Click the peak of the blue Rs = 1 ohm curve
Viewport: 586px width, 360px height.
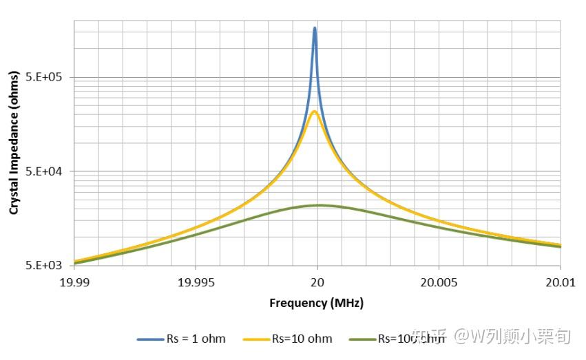[315, 29]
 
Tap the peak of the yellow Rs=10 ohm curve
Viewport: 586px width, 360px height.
[314, 112]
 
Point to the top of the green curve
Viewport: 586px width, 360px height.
[318, 205]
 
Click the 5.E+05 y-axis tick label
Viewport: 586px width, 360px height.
[45, 78]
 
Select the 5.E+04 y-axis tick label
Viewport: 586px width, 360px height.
[45, 171]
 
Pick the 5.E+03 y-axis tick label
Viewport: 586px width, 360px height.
[45, 266]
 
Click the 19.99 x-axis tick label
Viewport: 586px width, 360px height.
[74, 282]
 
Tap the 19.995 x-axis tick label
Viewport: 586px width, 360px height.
[196, 282]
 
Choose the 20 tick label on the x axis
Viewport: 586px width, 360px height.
[317, 282]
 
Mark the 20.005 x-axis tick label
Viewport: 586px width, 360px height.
[439, 282]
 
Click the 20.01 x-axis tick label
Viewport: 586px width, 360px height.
[560, 282]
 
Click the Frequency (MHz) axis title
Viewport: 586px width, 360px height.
[316, 303]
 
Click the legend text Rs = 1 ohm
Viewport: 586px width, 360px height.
[196, 339]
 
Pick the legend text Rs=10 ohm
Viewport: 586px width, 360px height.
[302, 339]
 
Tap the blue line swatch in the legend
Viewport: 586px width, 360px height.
[150, 339]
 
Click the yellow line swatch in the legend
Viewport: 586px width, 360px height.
[256, 339]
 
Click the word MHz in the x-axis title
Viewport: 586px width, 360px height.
[347, 303]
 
